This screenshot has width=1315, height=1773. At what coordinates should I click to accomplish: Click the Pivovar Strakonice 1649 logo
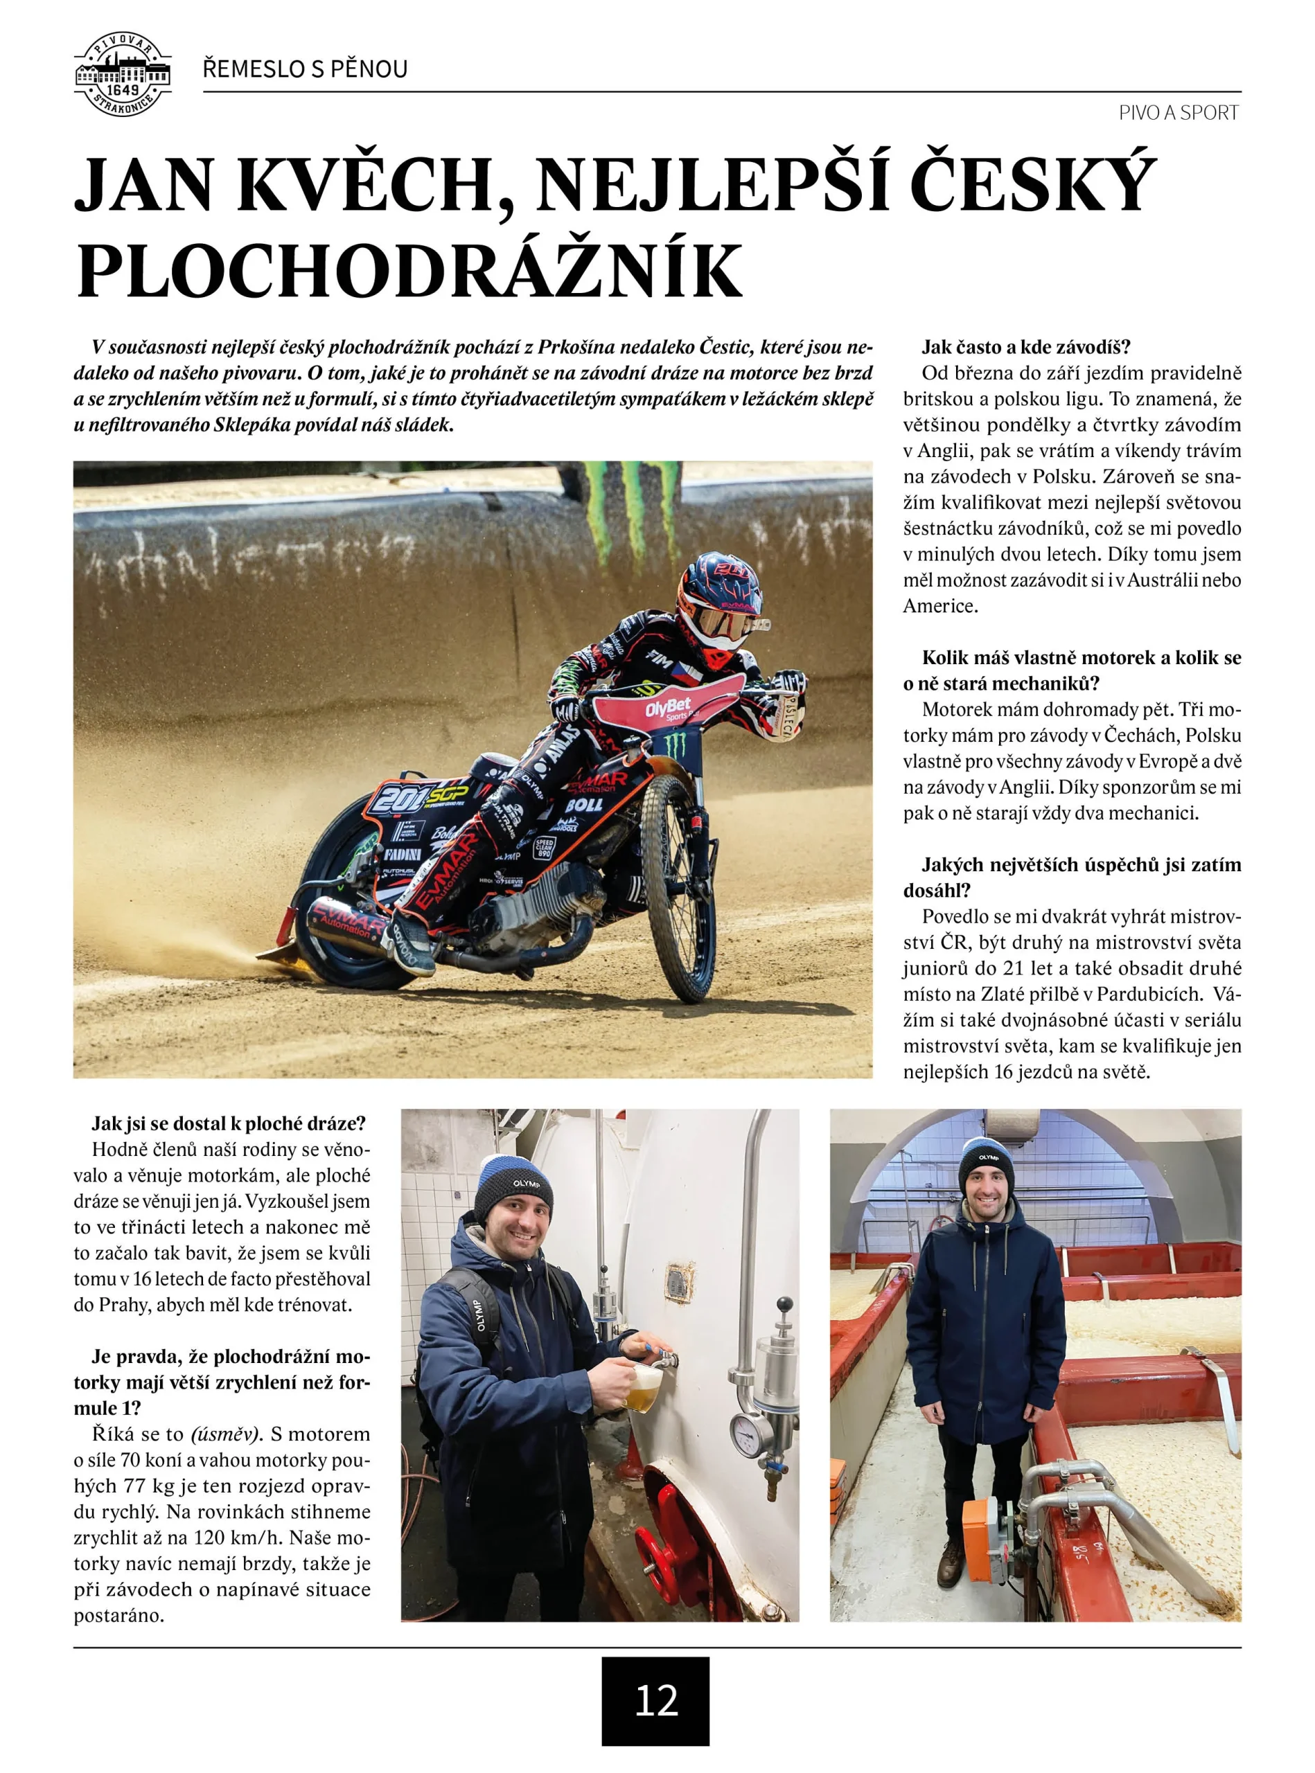pyautogui.click(x=123, y=75)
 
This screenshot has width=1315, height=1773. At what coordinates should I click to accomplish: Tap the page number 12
pyautogui.click(x=655, y=1700)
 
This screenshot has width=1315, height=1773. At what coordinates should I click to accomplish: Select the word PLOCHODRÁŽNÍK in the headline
pyautogui.click(x=409, y=271)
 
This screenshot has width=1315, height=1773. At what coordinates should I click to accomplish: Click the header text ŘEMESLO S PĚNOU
pyautogui.click(x=305, y=69)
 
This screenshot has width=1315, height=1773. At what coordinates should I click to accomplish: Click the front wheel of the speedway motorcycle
pyautogui.click(x=679, y=887)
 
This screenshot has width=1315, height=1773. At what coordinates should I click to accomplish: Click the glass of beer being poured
pyautogui.click(x=643, y=1388)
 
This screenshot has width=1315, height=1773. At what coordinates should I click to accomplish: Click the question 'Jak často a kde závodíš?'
pyautogui.click(x=1026, y=347)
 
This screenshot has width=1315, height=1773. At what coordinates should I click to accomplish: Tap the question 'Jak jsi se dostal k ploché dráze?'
pyautogui.click(x=229, y=1123)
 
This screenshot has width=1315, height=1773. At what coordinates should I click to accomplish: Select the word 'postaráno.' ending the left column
pyautogui.click(x=118, y=1615)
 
